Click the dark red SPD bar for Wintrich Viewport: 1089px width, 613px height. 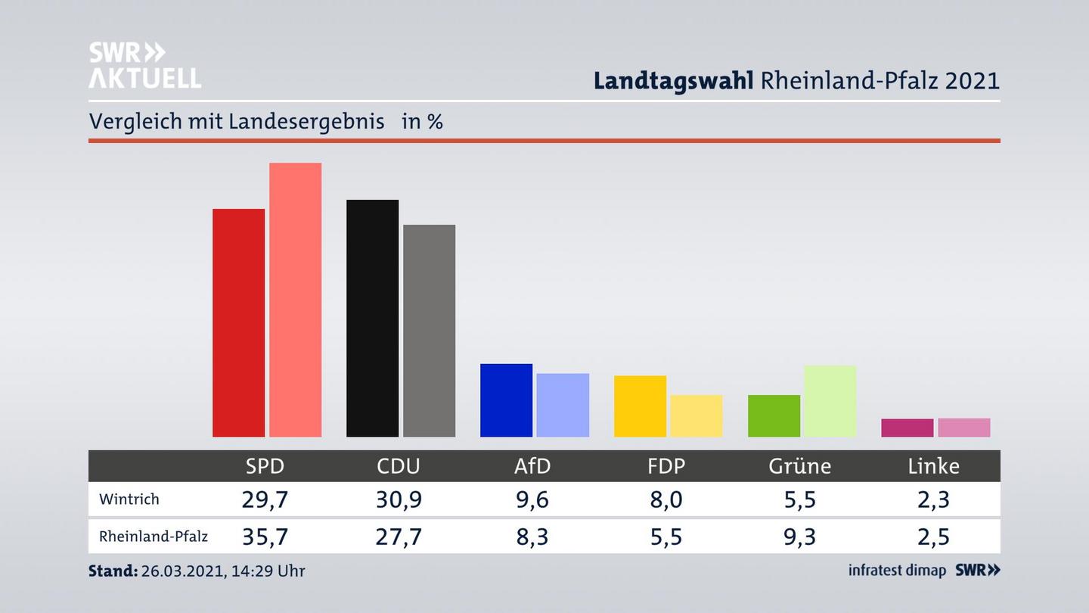[238, 322]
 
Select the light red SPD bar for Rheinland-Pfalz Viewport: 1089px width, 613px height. [295, 300]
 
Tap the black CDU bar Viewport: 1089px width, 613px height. [372, 318]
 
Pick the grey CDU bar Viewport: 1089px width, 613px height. [429, 331]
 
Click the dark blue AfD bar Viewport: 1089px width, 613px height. [506, 400]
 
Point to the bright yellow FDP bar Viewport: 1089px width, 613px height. [640, 406]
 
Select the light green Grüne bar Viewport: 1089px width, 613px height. [830, 401]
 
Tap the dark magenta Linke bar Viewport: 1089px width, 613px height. [907, 428]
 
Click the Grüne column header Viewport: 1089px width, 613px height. [799, 466]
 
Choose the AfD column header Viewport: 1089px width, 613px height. [532, 466]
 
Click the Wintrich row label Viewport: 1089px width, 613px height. [129, 499]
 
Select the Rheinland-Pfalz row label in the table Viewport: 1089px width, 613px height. [154, 537]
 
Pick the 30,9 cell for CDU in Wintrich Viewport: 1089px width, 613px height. [399, 499]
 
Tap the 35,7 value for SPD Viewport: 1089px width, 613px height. [265, 537]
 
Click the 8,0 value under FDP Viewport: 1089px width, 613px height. [666, 499]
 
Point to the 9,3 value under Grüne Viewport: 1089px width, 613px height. [799, 537]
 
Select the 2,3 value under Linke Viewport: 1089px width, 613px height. [933, 499]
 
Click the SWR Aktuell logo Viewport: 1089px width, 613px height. [144, 65]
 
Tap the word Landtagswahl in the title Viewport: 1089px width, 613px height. [673, 81]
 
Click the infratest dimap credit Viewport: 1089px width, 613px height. [897, 571]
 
